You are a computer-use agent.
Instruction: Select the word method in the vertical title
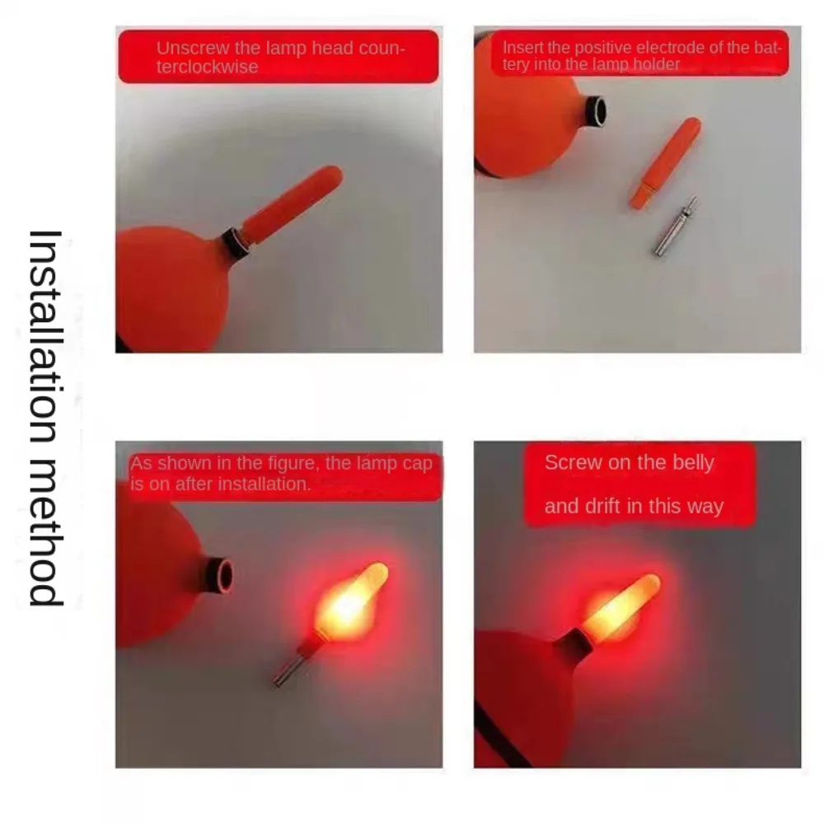[x=46, y=536]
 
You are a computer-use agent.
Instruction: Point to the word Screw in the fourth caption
[x=573, y=463]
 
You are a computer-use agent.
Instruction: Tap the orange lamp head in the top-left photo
[x=293, y=204]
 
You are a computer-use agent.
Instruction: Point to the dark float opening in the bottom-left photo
[x=222, y=574]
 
